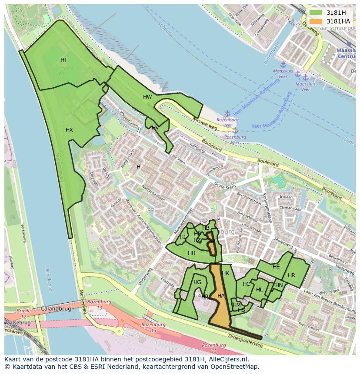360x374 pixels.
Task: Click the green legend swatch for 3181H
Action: click(x=316, y=13)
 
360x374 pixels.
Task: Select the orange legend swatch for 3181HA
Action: click(x=316, y=21)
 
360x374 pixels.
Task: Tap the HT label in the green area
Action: click(x=64, y=60)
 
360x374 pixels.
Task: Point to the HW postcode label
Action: click(x=147, y=97)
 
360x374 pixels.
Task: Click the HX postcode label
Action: click(x=69, y=130)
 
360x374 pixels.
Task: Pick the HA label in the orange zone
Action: click(x=221, y=296)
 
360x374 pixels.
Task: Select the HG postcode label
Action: click(x=197, y=282)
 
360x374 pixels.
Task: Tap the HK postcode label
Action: click(x=225, y=273)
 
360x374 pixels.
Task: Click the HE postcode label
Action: click(x=276, y=267)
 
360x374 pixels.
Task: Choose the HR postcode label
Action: click(x=291, y=275)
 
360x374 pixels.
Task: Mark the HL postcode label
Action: click(x=259, y=290)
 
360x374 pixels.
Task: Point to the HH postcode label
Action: click(x=191, y=253)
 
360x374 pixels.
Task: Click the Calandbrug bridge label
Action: click(x=56, y=308)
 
